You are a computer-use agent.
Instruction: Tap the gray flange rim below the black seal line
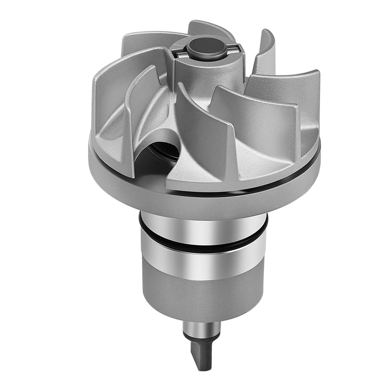pos(209,202)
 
